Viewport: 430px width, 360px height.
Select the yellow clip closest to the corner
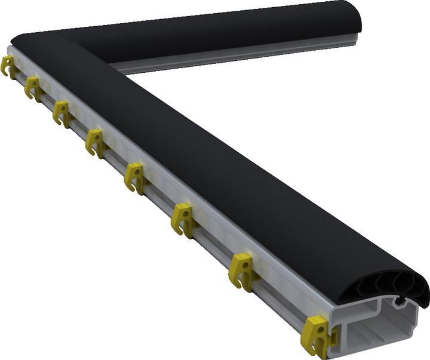[x=8, y=65]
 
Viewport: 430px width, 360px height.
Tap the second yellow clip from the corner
[x=32, y=88]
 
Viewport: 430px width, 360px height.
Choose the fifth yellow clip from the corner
[x=136, y=177]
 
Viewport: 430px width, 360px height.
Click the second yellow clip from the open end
[x=241, y=270]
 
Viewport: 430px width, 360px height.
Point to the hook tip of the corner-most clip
[x=4, y=73]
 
